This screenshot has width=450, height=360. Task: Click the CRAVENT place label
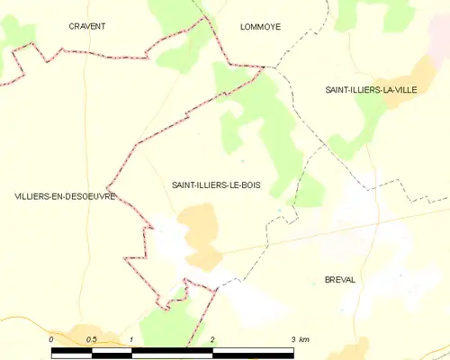(87, 27)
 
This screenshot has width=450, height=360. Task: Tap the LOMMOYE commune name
(261, 27)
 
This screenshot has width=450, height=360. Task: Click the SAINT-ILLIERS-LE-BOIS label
(220, 184)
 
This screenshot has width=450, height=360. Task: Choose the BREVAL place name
(340, 280)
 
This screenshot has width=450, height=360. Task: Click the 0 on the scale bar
(52, 338)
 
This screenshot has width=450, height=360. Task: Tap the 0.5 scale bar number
(91, 338)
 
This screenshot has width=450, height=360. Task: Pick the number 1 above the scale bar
(132, 338)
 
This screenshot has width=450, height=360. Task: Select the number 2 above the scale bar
(212, 338)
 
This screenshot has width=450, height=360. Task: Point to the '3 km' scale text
(301, 338)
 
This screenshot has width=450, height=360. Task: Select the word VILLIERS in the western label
(34, 196)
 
